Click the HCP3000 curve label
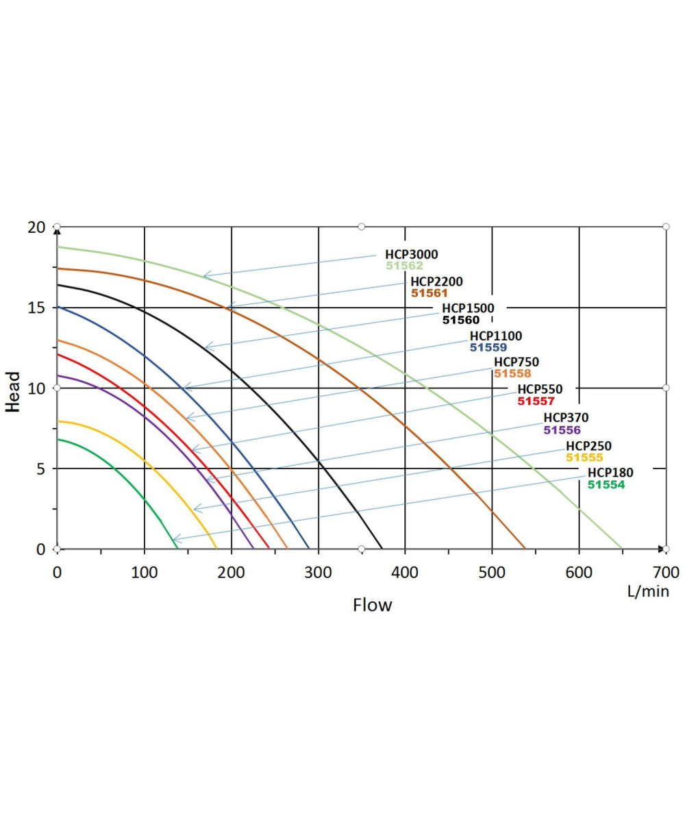[x=411, y=255]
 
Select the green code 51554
[x=606, y=484]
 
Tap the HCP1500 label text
[x=468, y=308]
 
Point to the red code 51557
[x=536, y=401]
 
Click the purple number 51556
[x=562, y=430]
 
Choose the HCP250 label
[x=588, y=447]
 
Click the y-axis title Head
[x=12, y=392]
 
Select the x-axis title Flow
[x=372, y=606]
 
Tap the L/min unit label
[x=648, y=591]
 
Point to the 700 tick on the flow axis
[x=666, y=571]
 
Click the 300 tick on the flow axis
[x=318, y=571]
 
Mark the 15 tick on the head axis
[x=36, y=308]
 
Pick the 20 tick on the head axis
[x=36, y=227]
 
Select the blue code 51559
[x=488, y=347]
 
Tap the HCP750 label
[x=516, y=362]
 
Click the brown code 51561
[x=429, y=292]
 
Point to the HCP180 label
[x=610, y=473]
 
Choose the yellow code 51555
[x=584, y=458]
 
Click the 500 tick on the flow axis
[x=492, y=571]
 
